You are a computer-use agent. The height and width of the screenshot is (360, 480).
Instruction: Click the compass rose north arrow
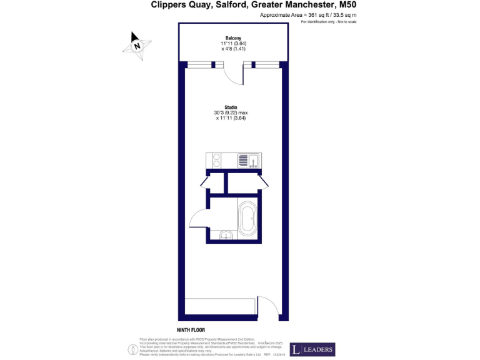137,45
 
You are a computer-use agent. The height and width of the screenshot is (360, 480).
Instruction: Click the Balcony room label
233,38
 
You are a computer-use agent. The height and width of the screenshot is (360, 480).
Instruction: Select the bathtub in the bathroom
246,219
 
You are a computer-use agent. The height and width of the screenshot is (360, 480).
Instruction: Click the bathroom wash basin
226,234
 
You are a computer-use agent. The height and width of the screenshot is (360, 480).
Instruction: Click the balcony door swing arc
232,76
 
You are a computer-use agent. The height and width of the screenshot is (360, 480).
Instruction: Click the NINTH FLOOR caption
191,329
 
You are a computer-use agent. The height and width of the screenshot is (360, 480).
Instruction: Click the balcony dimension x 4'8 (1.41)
233,48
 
